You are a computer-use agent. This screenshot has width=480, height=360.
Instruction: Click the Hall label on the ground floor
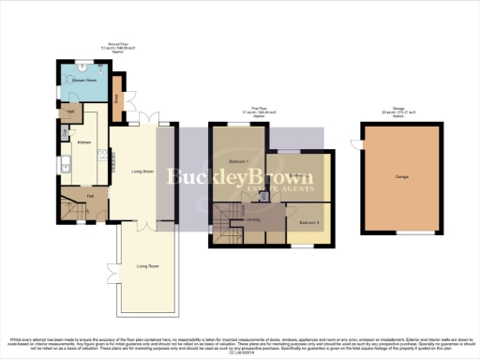tap(90, 195)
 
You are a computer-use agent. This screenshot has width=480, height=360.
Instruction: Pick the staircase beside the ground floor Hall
tap(71, 204)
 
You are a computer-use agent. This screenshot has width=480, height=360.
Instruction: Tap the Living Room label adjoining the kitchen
tap(142, 172)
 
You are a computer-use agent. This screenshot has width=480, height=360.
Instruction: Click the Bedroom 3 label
tap(310, 222)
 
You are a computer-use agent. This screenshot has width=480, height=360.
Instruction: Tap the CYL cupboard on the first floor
tap(265, 196)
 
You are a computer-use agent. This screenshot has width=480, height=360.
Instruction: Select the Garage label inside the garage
tap(400, 175)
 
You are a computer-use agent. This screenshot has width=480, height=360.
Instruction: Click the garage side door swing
tap(357, 142)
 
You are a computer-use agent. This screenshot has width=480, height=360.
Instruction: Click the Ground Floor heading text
tap(119, 43)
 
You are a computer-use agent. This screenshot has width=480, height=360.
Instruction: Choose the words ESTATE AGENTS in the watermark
tap(239, 190)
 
